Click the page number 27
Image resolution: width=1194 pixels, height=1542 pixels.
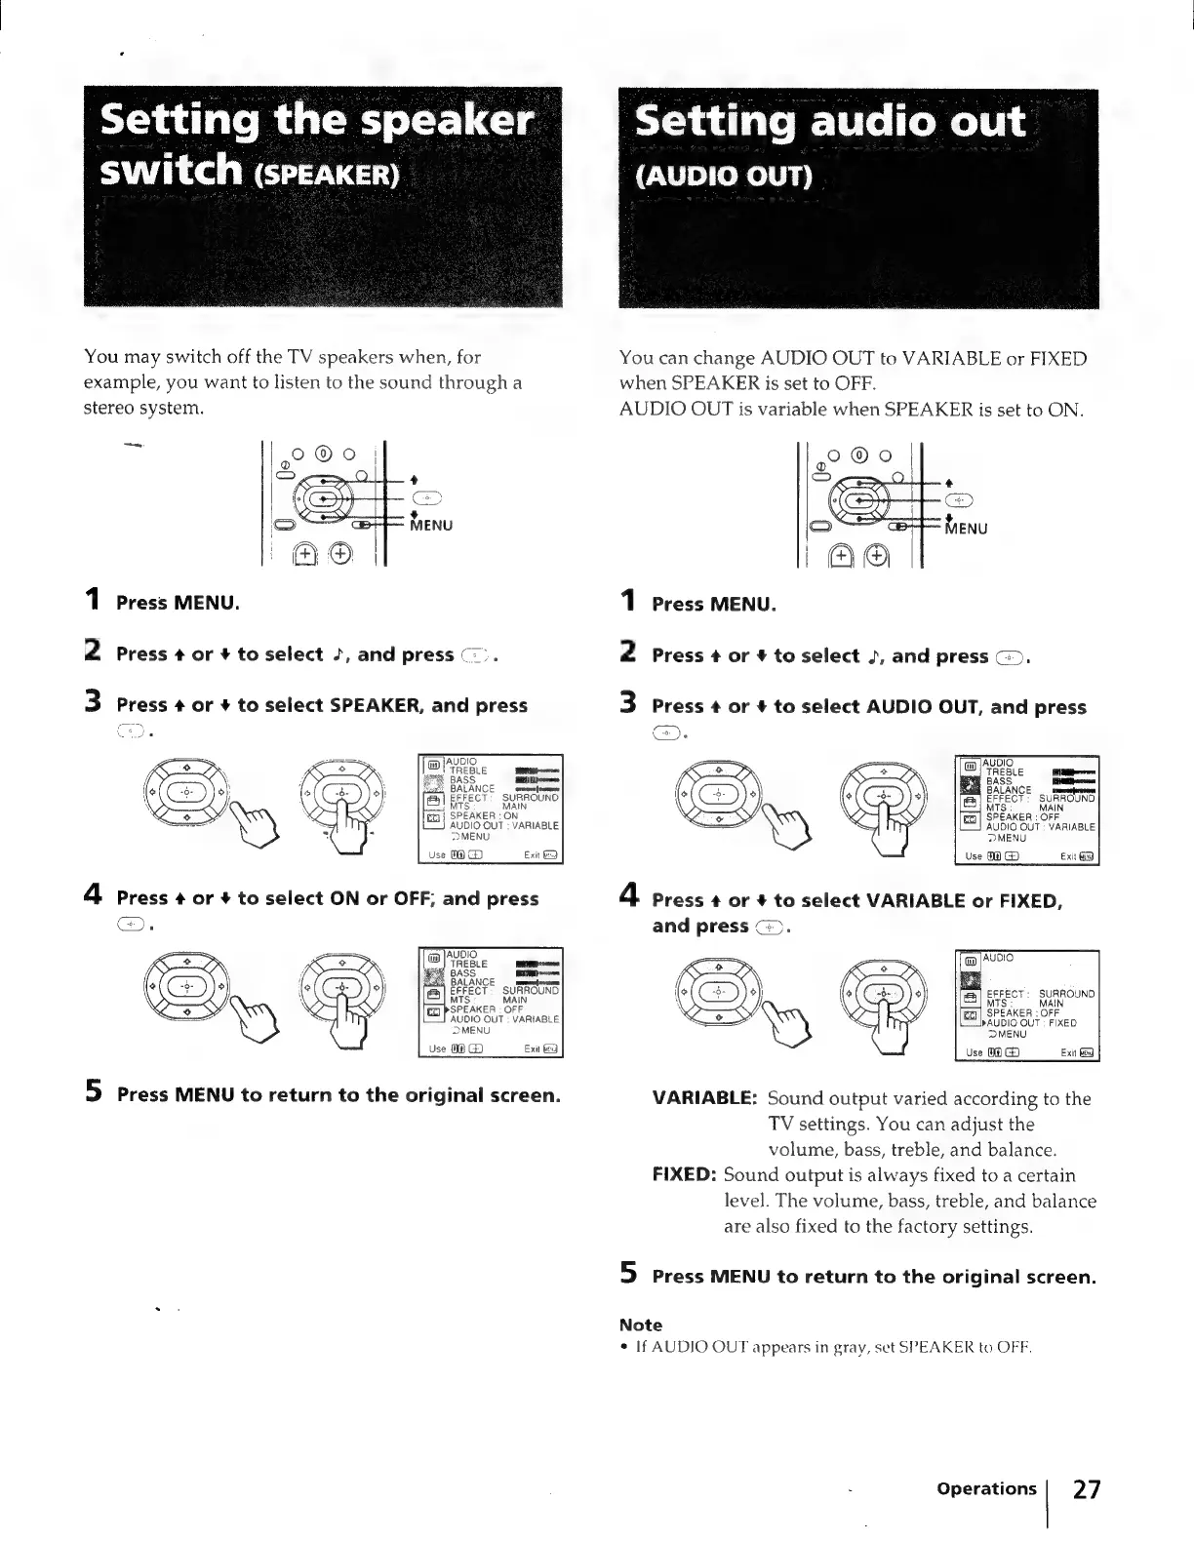point(1087,1490)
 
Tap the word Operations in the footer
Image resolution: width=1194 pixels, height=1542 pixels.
point(985,1488)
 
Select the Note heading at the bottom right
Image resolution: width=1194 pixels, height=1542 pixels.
point(640,1325)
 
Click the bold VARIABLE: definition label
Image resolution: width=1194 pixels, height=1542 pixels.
point(703,1098)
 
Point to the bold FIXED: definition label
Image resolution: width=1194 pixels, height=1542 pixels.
point(685,1175)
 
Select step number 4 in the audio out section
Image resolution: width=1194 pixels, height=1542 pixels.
point(629,896)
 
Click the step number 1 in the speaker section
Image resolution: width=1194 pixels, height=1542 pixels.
point(93,600)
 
